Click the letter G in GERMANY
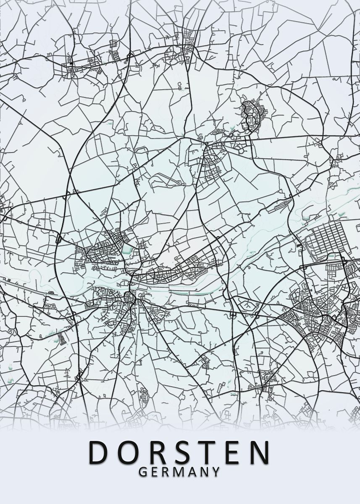(x=142, y=472)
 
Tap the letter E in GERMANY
(x=154, y=472)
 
